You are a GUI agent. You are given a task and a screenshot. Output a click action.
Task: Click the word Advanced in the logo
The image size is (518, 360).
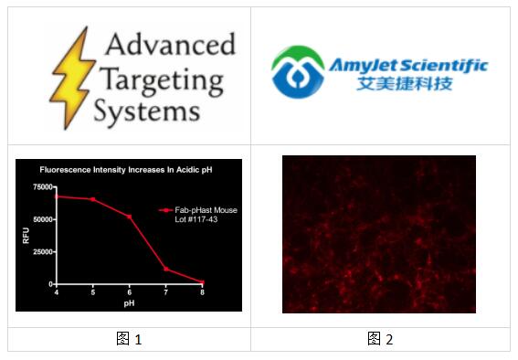coord(169,44)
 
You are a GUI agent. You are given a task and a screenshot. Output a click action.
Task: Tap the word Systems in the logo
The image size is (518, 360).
coord(146,111)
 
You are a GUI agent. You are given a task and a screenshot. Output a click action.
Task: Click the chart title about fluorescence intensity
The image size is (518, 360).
coord(127,170)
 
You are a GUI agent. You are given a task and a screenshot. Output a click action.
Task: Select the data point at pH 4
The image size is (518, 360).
coord(57,196)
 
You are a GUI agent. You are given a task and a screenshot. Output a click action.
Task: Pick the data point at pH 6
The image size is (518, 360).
coord(129,217)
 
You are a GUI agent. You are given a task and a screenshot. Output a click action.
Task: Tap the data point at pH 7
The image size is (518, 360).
coord(165,270)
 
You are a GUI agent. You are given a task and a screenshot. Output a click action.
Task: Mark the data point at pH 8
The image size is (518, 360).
coord(202,282)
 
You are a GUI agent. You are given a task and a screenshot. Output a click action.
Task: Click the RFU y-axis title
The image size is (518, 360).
coord(26,236)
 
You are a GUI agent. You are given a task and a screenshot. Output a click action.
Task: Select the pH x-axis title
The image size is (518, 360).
coord(129,302)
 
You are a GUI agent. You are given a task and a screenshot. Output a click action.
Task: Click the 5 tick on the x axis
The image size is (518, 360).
coord(92,292)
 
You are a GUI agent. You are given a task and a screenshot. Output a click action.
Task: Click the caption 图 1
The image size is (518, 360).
coord(130,339)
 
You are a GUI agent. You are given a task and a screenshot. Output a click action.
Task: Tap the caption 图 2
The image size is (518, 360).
coord(380,339)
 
